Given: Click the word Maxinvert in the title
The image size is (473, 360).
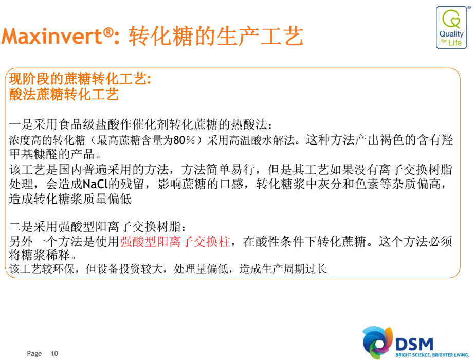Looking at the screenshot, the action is (52, 36).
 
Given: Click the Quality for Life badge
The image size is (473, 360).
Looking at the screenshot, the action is (451, 27).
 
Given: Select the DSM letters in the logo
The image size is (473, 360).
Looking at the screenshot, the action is (414, 344).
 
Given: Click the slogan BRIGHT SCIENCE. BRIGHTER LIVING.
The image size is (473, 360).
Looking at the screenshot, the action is (432, 355).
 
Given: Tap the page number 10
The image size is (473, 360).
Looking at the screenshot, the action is (54, 353).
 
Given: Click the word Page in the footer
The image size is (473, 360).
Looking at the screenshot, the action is (34, 354).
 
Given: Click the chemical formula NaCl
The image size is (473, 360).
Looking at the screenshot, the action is (95, 184).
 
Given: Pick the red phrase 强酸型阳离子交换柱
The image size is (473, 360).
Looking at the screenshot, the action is (175, 241).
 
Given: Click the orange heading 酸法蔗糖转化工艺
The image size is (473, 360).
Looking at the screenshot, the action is (64, 94).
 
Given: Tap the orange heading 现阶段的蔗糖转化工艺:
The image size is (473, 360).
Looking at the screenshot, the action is (80, 79).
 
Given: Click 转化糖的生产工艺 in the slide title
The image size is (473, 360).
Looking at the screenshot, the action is (216, 36).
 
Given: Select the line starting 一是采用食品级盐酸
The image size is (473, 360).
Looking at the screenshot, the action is (140, 124).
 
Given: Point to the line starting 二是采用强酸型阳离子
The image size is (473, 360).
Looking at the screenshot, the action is (98, 227).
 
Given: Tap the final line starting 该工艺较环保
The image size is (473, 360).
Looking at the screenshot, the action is (168, 268).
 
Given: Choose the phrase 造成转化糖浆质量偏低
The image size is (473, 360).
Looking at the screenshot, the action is (70, 199).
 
